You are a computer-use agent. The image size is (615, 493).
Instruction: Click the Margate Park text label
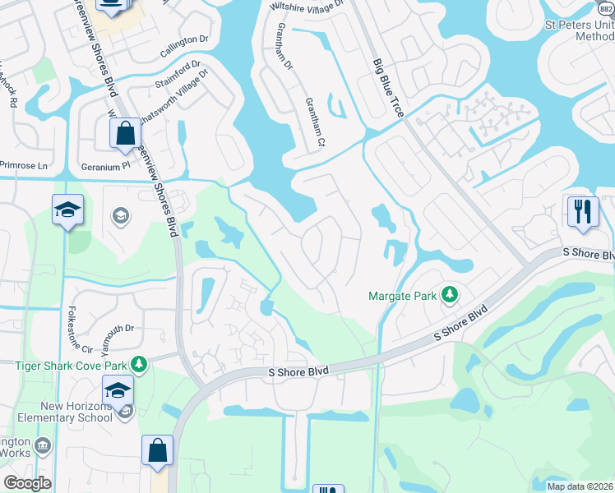[403, 295]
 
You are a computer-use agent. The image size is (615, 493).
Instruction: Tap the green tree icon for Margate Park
[449, 295]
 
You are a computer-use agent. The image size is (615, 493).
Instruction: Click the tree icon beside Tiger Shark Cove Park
[140, 363]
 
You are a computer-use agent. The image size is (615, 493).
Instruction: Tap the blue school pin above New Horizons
[118, 389]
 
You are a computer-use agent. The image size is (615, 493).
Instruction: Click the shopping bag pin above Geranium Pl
[125, 134]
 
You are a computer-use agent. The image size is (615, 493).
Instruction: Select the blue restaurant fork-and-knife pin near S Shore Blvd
[580, 211]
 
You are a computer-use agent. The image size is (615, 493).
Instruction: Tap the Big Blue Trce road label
[388, 87]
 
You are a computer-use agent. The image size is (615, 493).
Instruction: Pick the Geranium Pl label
[104, 165]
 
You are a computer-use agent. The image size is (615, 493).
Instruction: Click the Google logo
[27, 483]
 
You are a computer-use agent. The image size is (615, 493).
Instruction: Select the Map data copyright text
[579, 486]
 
